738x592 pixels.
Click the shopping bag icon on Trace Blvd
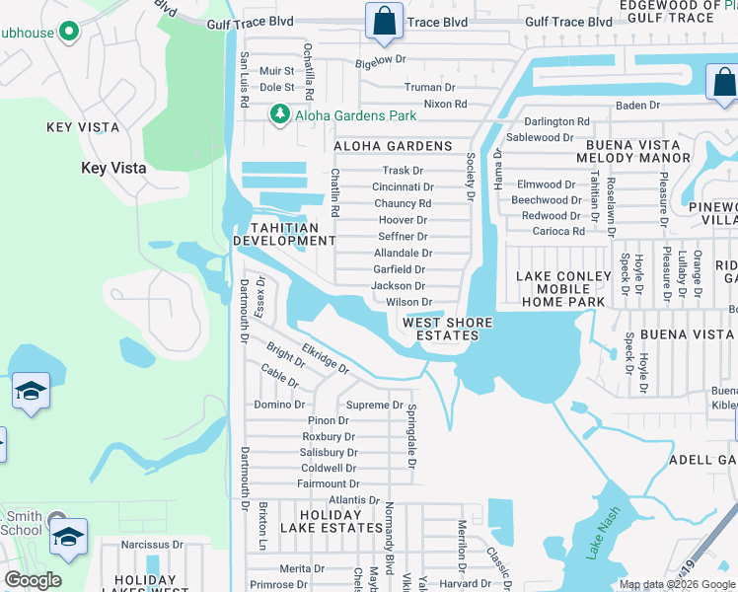(x=383, y=22)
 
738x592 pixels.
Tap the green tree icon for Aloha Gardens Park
(x=280, y=115)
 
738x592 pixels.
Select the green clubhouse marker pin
(x=68, y=32)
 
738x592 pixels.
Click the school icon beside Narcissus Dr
(x=68, y=538)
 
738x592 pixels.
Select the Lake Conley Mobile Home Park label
(x=553, y=288)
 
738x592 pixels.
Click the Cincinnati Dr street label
(x=403, y=186)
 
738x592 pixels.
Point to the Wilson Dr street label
(x=408, y=302)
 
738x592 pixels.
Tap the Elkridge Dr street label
(x=326, y=357)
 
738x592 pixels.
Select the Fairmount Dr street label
(x=329, y=483)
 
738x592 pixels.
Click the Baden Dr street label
(x=637, y=106)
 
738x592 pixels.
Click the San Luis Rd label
(x=243, y=74)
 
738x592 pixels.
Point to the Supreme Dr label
(x=374, y=405)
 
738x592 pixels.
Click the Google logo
(x=34, y=580)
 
